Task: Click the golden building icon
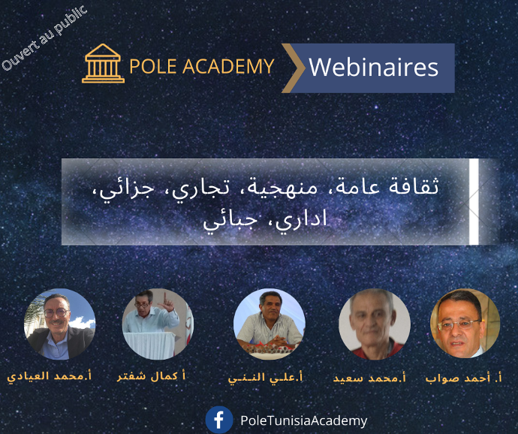point(103,63)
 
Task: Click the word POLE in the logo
point(153,66)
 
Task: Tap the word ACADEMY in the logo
point(228,66)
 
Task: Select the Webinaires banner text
point(373,68)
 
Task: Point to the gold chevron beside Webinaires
point(294,68)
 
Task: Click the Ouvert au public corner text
point(44,38)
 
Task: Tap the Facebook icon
point(219,420)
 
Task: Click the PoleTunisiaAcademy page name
point(303,420)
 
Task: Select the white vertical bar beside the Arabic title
point(474,202)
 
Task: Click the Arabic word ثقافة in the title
point(414,186)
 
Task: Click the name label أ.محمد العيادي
point(50,376)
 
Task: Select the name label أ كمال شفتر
point(152,376)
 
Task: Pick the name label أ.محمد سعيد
point(369,378)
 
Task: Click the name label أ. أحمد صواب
point(463,378)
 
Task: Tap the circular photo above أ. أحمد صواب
point(465,324)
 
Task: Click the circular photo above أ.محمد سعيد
point(375,324)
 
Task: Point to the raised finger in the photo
point(165,297)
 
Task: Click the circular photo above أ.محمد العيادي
point(60,324)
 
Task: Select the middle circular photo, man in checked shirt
point(270,324)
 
